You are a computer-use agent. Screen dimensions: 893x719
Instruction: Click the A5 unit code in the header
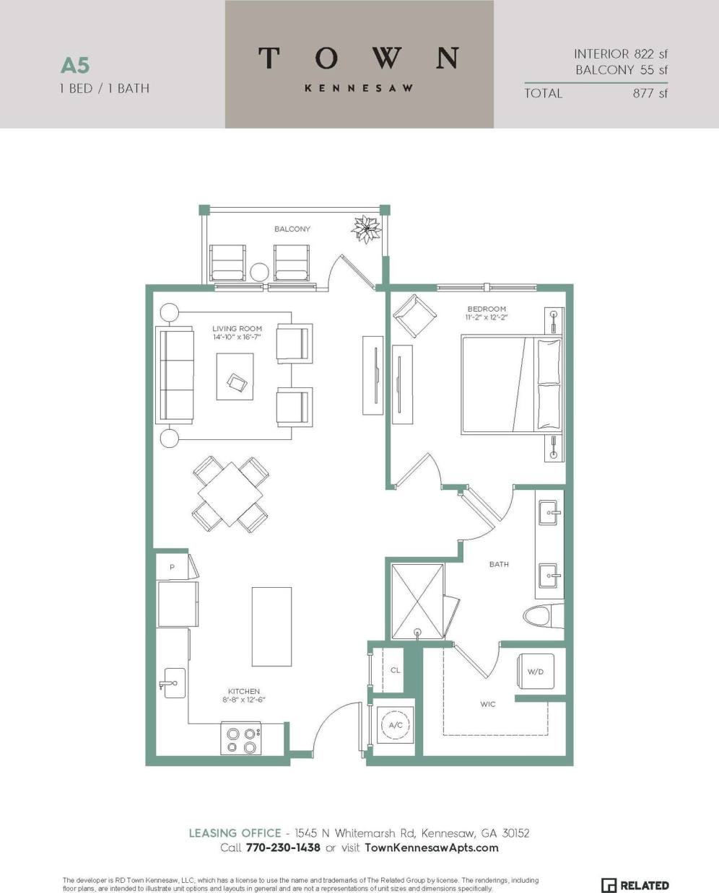(75, 66)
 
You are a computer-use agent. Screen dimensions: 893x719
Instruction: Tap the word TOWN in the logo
(359, 58)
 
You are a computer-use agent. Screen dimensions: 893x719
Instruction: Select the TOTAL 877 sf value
(650, 93)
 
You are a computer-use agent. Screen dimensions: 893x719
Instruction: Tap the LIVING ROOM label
(237, 329)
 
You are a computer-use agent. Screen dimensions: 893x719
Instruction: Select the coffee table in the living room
(235, 377)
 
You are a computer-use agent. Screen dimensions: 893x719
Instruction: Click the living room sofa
(175, 375)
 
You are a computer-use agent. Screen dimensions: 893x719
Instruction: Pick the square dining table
(230, 493)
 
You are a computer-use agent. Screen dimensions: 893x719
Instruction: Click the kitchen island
(271, 626)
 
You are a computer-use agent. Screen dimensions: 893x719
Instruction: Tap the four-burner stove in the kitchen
(241, 739)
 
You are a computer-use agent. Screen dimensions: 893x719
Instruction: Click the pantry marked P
(172, 567)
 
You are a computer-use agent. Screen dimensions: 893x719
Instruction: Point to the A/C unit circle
(395, 725)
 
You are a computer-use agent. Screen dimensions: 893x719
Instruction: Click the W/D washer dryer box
(535, 672)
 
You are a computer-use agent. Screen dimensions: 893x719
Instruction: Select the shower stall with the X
(418, 601)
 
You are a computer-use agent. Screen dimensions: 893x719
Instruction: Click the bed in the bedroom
(511, 385)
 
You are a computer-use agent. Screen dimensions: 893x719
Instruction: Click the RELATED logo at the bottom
(635, 885)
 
